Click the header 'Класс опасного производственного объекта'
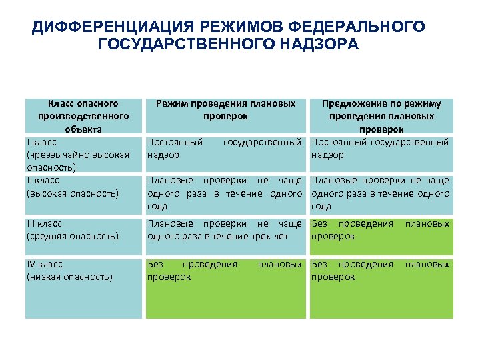83,116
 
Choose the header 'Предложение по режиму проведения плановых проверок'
381,116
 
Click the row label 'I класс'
41,142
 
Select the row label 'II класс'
43,180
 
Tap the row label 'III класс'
44,224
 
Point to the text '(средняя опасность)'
72,236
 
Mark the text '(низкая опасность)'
69,276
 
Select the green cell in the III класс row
381,236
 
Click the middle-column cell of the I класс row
225,153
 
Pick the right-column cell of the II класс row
381,193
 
